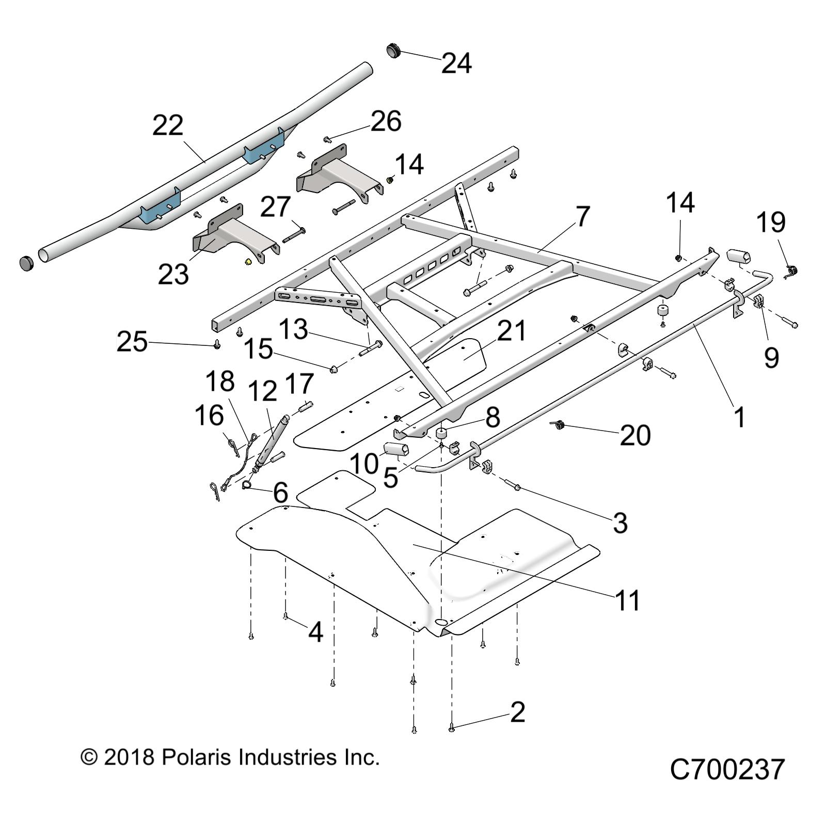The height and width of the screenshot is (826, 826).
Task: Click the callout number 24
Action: pos(456,63)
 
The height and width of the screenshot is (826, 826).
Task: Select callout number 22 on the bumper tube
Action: pos(168,125)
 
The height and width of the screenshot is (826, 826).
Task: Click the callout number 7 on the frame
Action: pos(582,216)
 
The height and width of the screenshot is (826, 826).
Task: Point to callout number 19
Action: pos(771,223)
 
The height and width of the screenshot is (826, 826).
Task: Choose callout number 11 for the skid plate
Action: pos(628,600)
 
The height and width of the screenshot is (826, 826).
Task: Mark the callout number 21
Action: pos(511,331)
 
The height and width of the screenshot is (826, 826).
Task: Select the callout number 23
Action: pos(173,274)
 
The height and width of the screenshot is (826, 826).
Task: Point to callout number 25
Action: pos(132,342)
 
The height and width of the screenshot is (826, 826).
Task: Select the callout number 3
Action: pos(620,523)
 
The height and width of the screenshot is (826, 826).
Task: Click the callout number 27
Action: pos(275,208)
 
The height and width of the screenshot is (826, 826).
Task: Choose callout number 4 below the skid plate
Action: pos(315,631)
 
